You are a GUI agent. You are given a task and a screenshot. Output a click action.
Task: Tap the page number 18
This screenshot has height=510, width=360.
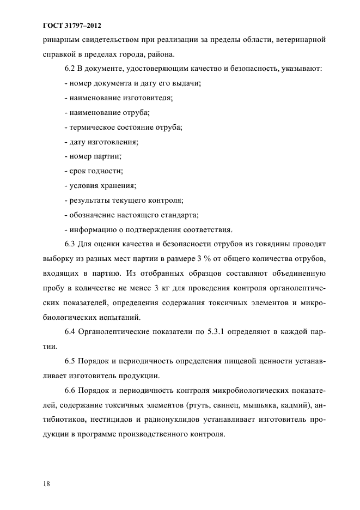46,483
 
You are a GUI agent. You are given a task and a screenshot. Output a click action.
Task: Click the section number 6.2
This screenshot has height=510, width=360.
70,70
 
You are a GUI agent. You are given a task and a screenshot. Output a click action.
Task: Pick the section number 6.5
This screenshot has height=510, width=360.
70,361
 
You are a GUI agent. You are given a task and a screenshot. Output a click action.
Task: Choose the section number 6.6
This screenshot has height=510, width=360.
70,391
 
